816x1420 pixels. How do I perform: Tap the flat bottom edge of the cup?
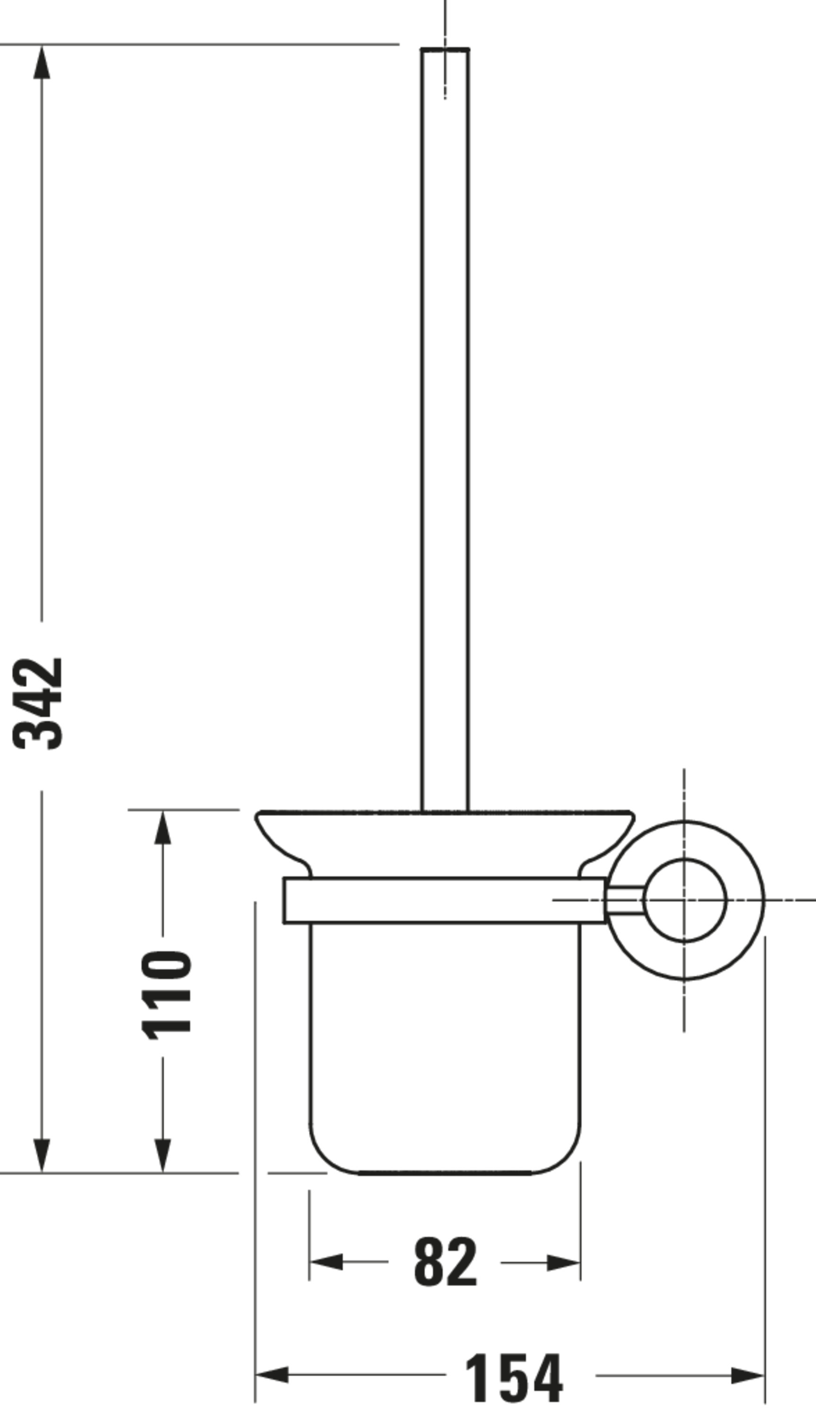(x=444, y=1172)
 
